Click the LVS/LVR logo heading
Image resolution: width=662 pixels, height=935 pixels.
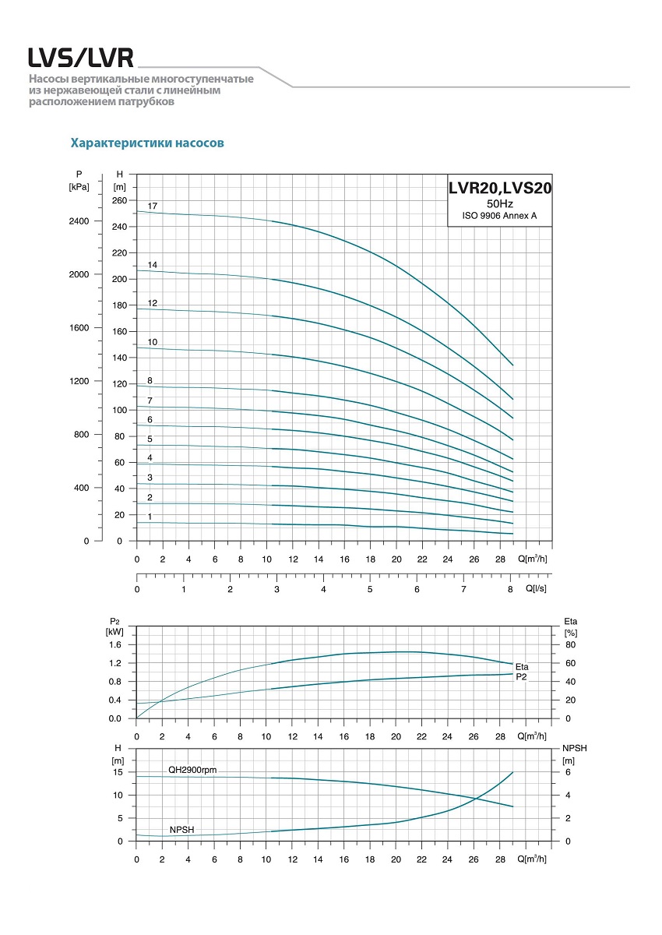point(81,58)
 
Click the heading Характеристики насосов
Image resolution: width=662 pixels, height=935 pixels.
point(147,143)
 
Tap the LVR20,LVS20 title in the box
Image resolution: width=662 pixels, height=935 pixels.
point(499,188)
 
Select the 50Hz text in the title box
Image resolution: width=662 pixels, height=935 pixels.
point(499,203)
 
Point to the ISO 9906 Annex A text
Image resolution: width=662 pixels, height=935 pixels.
point(499,216)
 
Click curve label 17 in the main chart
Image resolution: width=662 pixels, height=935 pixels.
point(153,206)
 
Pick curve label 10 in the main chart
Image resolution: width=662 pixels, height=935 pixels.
point(153,342)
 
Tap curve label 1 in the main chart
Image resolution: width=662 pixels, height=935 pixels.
point(150,517)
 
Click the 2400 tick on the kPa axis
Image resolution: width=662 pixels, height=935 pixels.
point(79,221)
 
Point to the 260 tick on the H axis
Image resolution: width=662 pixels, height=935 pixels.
point(119,200)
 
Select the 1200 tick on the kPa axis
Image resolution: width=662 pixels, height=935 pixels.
point(79,381)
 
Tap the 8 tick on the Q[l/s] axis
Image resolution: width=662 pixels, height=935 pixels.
point(510,590)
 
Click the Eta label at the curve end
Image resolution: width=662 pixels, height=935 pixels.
point(522,667)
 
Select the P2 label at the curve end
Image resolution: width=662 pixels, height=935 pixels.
point(522,676)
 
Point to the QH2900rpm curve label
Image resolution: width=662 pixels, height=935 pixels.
point(192,770)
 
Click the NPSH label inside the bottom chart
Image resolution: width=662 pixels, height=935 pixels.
point(181,830)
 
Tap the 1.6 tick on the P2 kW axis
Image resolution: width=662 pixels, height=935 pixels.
point(115,644)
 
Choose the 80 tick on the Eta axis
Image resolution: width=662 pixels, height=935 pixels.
point(570,644)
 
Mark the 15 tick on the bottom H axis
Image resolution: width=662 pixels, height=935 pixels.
point(118,772)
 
